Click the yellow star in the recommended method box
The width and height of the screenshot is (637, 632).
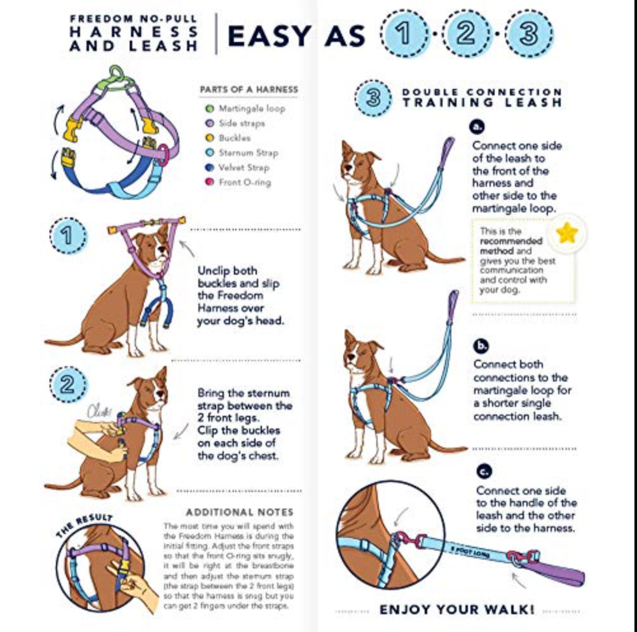[566, 233]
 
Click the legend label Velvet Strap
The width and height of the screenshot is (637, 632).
[244, 168]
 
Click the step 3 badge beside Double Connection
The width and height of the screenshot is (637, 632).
[374, 98]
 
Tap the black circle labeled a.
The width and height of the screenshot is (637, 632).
[478, 127]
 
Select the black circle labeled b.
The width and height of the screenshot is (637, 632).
[481, 346]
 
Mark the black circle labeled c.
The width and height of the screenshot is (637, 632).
[483, 472]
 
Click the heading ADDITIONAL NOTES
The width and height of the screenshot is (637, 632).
[239, 512]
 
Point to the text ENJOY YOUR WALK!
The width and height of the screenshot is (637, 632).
[456, 610]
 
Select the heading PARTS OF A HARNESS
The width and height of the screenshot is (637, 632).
[249, 90]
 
